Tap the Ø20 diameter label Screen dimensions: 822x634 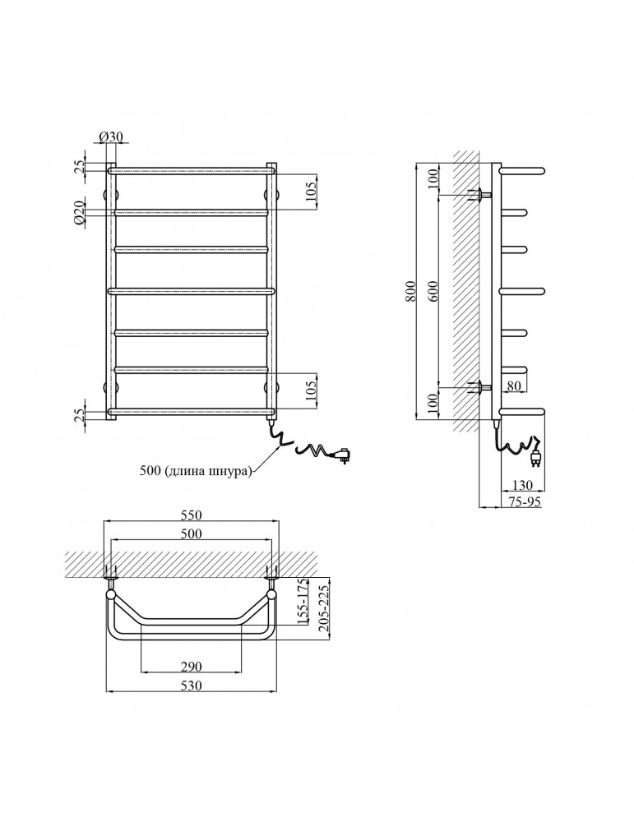tap(78, 213)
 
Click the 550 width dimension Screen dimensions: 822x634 tap(190, 515)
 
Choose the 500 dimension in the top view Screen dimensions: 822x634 tap(190, 533)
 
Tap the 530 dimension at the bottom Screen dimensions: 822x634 tap(190, 685)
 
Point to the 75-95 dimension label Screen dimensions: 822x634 tap(523, 502)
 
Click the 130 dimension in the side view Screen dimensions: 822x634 tap(523, 485)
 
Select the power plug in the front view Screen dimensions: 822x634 tap(343, 454)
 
